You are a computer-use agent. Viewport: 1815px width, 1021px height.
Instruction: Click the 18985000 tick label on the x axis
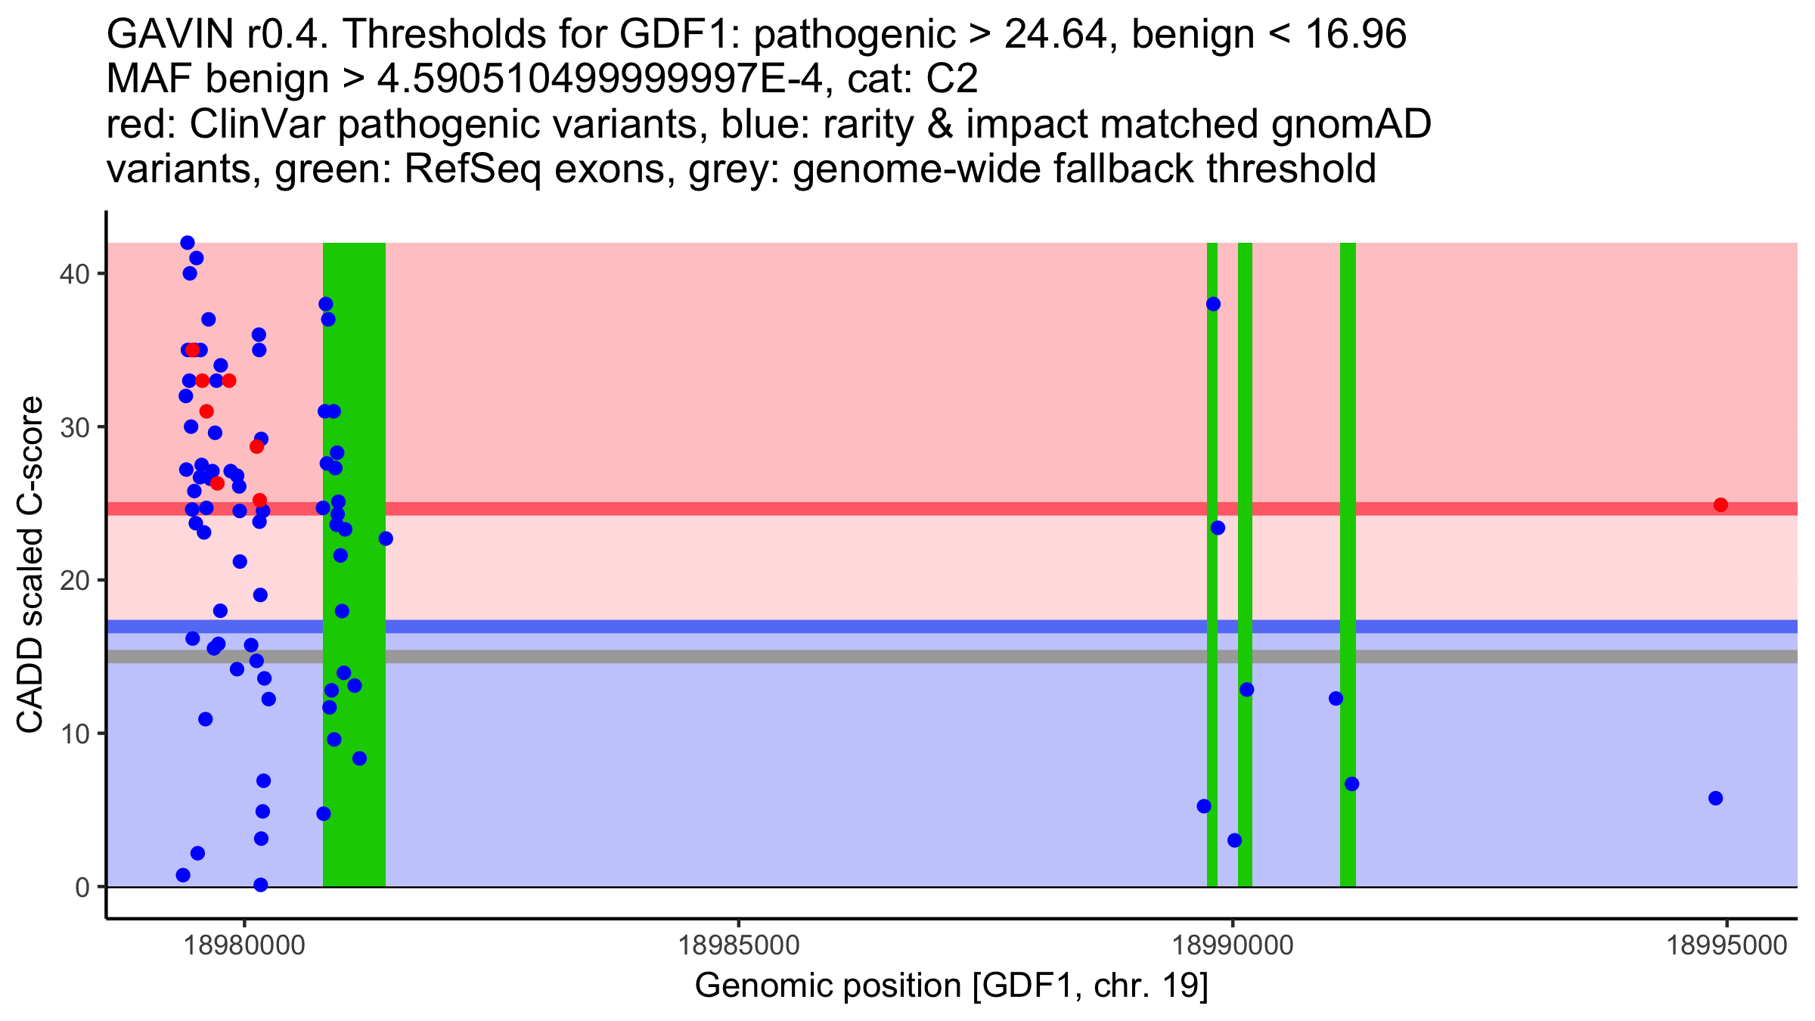tap(738, 945)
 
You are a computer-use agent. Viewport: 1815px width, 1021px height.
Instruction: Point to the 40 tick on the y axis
tap(73, 274)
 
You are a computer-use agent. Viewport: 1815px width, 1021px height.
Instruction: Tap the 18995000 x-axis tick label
tap(1727, 945)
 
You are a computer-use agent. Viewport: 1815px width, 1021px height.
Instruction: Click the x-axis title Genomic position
tap(951, 986)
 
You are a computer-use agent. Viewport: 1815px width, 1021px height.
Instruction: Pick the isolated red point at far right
tap(1720, 504)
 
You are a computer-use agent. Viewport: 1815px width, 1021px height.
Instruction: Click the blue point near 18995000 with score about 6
tap(1715, 798)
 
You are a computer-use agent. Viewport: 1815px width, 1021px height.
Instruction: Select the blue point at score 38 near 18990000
tap(1213, 304)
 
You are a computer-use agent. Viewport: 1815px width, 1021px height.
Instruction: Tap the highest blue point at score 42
tap(188, 243)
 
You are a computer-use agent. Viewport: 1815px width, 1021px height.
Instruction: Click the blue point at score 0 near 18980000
tap(261, 885)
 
